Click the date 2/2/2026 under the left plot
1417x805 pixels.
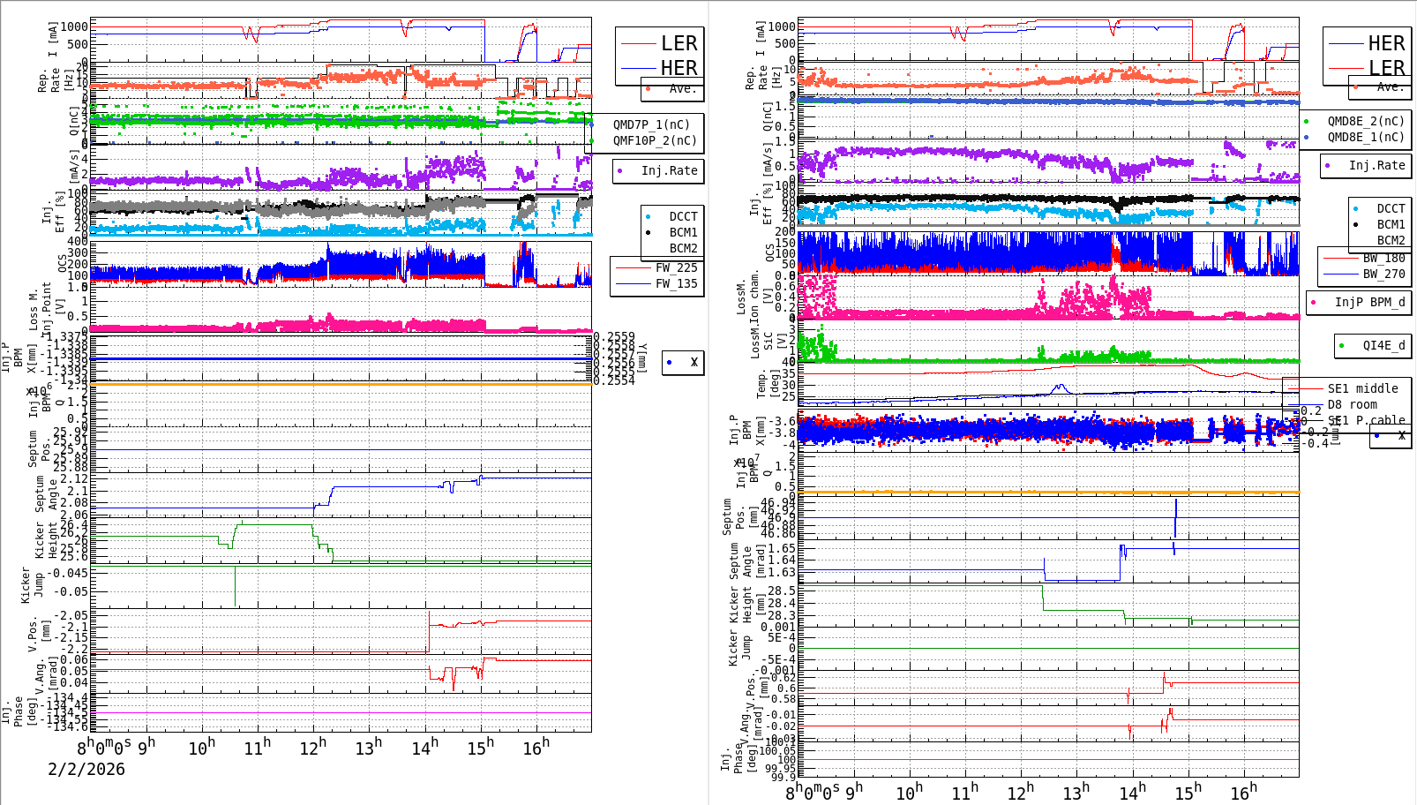(86, 769)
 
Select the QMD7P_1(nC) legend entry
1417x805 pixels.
(651, 124)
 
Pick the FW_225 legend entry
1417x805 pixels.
(676, 267)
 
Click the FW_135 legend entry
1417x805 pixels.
(676, 283)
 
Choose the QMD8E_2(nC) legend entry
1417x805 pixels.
(1365, 121)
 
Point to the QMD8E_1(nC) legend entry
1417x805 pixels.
(1365, 137)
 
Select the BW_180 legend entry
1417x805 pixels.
(1383, 258)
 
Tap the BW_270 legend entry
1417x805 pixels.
(1383, 274)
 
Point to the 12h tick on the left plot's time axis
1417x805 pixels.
(313, 748)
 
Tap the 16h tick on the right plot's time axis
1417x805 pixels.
(1243, 793)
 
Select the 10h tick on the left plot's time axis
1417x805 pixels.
(202, 749)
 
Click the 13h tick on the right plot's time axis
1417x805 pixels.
(1076, 793)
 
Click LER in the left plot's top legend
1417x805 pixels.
(679, 43)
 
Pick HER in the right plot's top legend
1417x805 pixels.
(1385, 43)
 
